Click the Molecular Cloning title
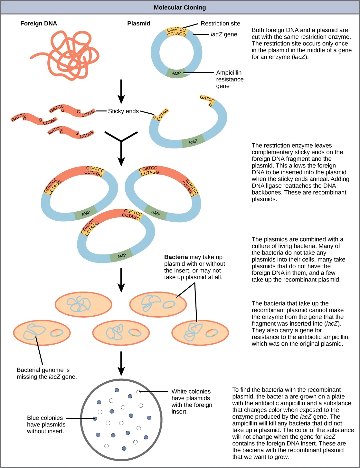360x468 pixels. pyautogui.click(x=180, y=7)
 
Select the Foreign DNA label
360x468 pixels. pyautogui.click(x=38, y=24)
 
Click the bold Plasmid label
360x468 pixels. pyautogui.click(x=138, y=24)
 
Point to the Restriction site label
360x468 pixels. pyautogui.click(x=220, y=24)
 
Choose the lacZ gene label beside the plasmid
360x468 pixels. pyautogui.click(x=224, y=34)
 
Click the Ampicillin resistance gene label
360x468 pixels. pyautogui.click(x=230, y=79)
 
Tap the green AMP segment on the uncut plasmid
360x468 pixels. pyautogui.click(x=176, y=73)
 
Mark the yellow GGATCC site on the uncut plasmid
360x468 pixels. pyautogui.click(x=176, y=32)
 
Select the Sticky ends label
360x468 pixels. pyautogui.click(x=123, y=111)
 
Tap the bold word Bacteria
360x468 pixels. pyautogui.click(x=176, y=257)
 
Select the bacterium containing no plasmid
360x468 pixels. pyautogui.click(x=83, y=304)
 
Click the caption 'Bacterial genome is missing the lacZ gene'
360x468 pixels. pyautogui.click(x=47, y=373)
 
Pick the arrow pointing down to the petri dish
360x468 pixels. pyautogui.click(x=121, y=363)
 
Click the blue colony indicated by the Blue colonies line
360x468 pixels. pyautogui.click(x=95, y=419)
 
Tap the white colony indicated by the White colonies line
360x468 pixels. pyautogui.click(x=138, y=392)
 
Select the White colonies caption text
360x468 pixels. pyautogui.click(x=192, y=401)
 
